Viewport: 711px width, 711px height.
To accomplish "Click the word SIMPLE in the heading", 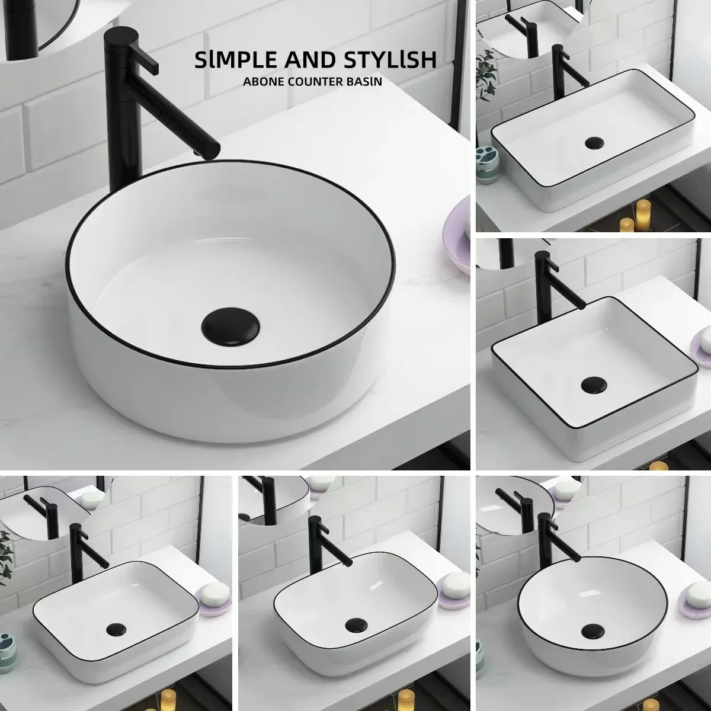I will coord(230,60).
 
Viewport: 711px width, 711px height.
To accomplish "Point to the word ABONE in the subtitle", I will coord(260,82).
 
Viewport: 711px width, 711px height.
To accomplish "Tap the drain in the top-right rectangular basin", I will coord(592,143).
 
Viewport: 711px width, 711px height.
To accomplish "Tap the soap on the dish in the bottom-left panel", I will coord(215,591).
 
